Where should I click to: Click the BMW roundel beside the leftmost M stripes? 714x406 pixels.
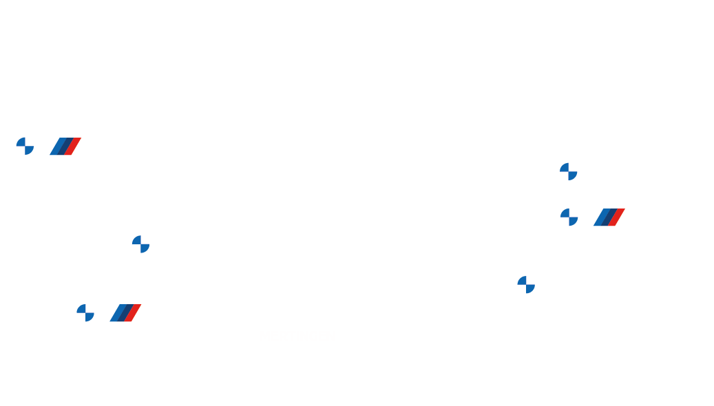(x=25, y=146)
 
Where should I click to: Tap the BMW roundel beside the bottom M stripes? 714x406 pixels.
(x=85, y=313)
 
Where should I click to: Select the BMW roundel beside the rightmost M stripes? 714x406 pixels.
(x=569, y=217)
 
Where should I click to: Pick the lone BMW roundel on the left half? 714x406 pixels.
(x=141, y=244)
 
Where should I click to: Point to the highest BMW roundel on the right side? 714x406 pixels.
(x=569, y=171)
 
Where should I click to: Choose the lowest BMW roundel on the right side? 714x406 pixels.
(x=526, y=285)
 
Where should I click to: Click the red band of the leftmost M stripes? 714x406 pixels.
(x=73, y=147)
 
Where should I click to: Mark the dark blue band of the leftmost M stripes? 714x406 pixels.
(x=66, y=147)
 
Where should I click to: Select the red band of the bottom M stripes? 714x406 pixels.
(x=133, y=313)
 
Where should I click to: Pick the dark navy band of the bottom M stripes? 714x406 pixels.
(x=126, y=313)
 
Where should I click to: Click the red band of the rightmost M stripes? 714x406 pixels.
(x=616, y=217)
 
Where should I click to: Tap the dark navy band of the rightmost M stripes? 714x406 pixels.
(x=609, y=217)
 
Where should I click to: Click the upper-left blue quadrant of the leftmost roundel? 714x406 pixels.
(x=21, y=142)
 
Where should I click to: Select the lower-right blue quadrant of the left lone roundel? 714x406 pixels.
(x=145, y=248)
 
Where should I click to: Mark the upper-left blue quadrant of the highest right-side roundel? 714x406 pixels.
(x=565, y=167)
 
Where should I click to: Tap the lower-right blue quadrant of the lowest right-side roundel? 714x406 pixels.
(x=530, y=289)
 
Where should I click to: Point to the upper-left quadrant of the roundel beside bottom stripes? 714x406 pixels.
(x=81, y=309)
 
